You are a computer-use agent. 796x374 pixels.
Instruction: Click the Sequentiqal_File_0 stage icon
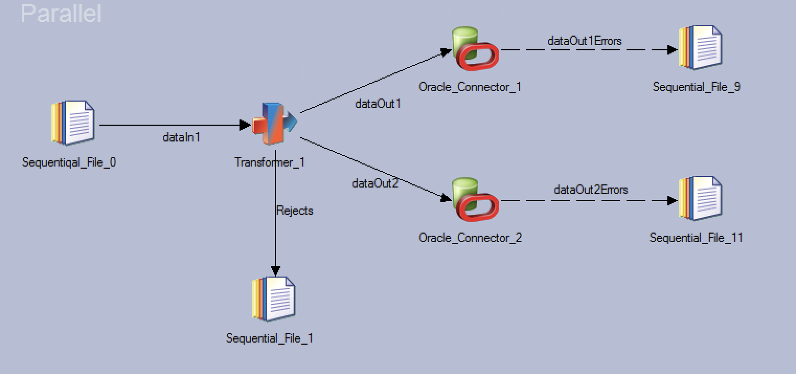pos(73,123)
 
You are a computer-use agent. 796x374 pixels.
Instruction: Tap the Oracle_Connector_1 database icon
pos(474,49)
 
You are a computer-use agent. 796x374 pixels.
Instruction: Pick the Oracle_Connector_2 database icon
pos(474,200)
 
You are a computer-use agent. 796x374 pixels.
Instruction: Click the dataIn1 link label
pos(181,138)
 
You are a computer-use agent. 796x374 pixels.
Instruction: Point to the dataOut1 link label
pos(378,104)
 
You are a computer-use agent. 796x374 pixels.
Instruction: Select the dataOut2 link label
pos(375,183)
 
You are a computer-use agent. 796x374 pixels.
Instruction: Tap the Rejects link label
pos(294,211)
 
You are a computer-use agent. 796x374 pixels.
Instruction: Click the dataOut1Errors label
pos(584,41)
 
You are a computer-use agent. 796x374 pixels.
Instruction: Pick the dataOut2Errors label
pos(590,190)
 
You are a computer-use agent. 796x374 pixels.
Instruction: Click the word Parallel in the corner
pos(61,13)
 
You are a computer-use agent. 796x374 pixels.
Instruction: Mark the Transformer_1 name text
pos(269,162)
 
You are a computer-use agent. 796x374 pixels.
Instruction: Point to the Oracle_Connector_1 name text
pos(470,87)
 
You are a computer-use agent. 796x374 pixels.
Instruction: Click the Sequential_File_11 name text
pos(696,238)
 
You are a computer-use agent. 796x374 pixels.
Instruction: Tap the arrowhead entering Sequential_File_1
pos(275,270)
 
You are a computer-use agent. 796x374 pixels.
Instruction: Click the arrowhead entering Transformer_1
pos(245,125)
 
